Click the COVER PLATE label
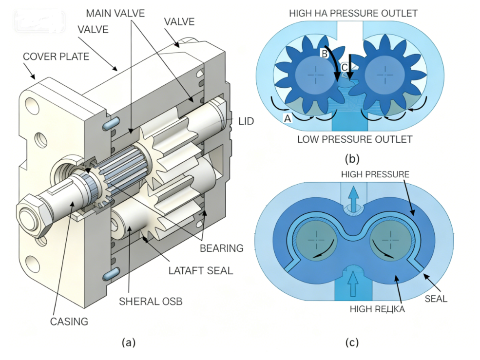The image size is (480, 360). pos(56,57)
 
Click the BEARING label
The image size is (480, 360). pos(221,248)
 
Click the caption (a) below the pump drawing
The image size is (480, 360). pos(128,342)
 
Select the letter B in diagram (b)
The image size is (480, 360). pos(323,53)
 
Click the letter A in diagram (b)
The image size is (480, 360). pos(288,117)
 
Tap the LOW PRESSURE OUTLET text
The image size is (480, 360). pos(354,139)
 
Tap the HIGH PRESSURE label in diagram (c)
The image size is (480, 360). pos(375,173)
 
